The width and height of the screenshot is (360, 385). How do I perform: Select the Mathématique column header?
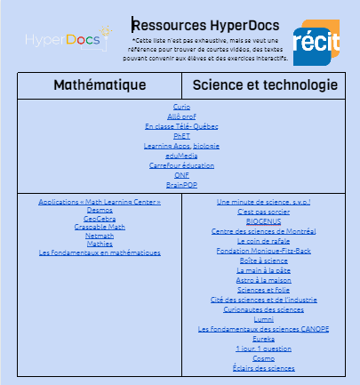click(x=100, y=85)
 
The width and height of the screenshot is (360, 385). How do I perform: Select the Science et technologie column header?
click(x=264, y=85)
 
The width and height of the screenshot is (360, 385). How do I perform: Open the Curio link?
click(x=181, y=107)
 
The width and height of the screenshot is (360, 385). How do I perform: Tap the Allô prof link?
click(x=181, y=116)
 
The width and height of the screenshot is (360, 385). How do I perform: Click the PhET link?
click(x=181, y=136)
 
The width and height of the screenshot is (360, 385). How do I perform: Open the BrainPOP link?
click(x=181, y=185)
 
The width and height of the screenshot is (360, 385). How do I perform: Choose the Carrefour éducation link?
click(x=181, y=165)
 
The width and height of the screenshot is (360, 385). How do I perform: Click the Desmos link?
click(x=100, y=212)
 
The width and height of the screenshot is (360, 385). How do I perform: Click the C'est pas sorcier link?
click(x=264, y=213)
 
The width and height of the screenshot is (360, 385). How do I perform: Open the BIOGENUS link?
click(x=264, y=222)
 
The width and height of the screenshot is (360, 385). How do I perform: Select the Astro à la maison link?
click(x=264, y=280)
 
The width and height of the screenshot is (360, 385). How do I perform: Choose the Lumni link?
click(x=264, y=319)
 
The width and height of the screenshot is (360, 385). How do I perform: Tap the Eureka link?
click(x=264, y=339)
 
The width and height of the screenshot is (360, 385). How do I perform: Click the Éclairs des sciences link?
click(x=264, y=367)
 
